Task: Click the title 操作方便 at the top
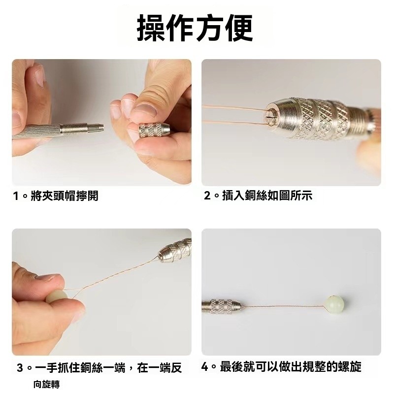coord(195,28)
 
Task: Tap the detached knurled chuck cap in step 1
coord(154,130)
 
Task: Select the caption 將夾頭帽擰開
coord(65,196)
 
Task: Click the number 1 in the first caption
coord(16,196)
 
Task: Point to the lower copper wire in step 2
coord(233,123)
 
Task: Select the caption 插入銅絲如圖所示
coord(267,196)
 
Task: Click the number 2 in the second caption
coord(207,196)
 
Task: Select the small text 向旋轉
coord(46,384)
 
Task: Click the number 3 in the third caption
coord(20,368)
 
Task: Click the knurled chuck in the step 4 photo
coord(221,306)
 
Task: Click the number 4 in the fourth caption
coord(205,367)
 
